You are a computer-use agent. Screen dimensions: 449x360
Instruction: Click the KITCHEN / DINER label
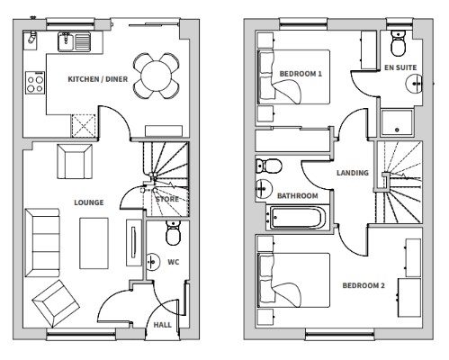[98, 79]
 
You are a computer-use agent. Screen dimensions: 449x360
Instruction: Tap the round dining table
[157, 76]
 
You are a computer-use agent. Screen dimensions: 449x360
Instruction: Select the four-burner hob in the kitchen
[35, 83]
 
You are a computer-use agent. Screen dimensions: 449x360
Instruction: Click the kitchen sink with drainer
[74, 41]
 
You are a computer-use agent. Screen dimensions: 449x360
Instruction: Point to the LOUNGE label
[89, 202]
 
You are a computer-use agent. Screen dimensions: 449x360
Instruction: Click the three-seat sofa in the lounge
[42, 243]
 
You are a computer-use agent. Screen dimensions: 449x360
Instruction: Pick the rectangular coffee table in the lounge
[94, 243]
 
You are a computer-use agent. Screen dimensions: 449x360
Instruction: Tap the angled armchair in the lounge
[56, 303]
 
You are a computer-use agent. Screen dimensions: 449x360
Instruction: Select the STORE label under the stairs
[167, 199]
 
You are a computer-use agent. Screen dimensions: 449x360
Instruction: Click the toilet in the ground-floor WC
[174, 233]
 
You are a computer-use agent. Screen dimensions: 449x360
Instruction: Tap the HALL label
[163, 325]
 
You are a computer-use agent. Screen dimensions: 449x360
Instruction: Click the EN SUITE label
[400, 67]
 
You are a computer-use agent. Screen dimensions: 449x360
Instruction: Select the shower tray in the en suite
[397, 122]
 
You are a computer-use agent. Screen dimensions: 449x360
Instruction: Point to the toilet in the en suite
[399, 44]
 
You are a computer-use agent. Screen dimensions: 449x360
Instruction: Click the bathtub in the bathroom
[298, 218]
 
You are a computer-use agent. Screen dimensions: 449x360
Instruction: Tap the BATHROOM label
[298, 196]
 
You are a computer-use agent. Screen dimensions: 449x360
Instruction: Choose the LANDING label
[353, 173]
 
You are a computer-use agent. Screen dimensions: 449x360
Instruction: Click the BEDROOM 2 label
[364, 285]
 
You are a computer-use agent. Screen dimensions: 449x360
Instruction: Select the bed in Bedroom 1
[294, 77]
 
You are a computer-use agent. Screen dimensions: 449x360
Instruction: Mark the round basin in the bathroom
[264, 189]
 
